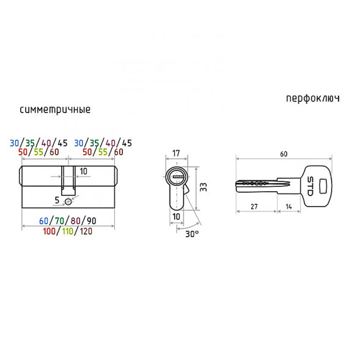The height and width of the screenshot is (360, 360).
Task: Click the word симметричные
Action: (x=55, y=110)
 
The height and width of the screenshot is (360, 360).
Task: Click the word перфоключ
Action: (x=313, y=98)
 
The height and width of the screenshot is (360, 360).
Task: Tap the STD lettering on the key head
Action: (x=310, y=186)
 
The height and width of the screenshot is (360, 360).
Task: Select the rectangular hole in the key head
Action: (x=323, y=186)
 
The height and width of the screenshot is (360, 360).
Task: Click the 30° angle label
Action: (x=192, y=234)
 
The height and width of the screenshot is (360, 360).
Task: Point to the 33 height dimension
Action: (x=204, y=187)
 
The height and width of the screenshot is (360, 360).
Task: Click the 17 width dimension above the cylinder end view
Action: (x=176, y=153)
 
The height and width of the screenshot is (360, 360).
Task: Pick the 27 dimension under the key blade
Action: (x=254, y=207)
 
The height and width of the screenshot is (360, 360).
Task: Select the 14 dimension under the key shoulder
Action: (x=288, y=207)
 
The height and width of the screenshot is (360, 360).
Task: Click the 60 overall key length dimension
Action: (x=284, y=154)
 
